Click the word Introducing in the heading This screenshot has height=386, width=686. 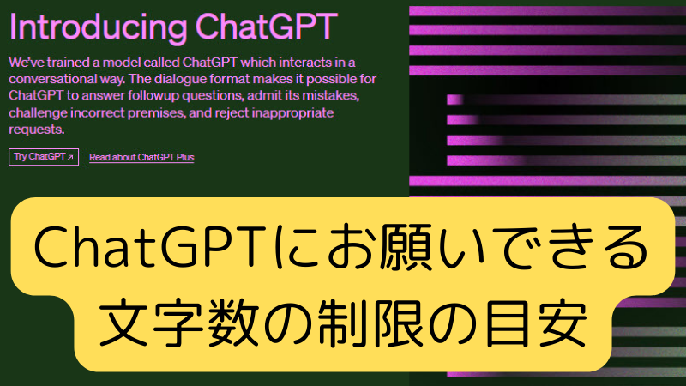pyautogui.click(x=98, y=27)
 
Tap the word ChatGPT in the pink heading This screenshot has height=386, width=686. pyautogui.click(x=267, y=27)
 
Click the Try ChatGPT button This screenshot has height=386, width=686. pyautogui.click(x=44, y=157)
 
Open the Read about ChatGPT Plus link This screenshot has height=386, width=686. pyautogui.click(x=141, y=157)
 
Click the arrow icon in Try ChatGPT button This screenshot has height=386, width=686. pyautogui.click(x=70, y=157)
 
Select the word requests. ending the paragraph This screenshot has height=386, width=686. pyautogui.click(x=37, y=130)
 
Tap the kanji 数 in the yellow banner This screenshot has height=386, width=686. pyautogui.click(x=233, y=323)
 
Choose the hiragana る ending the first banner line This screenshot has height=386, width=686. pyautogui.click(x=625, y=247)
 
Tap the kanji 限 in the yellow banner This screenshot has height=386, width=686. pyautogui.click(x=398, y=323)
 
